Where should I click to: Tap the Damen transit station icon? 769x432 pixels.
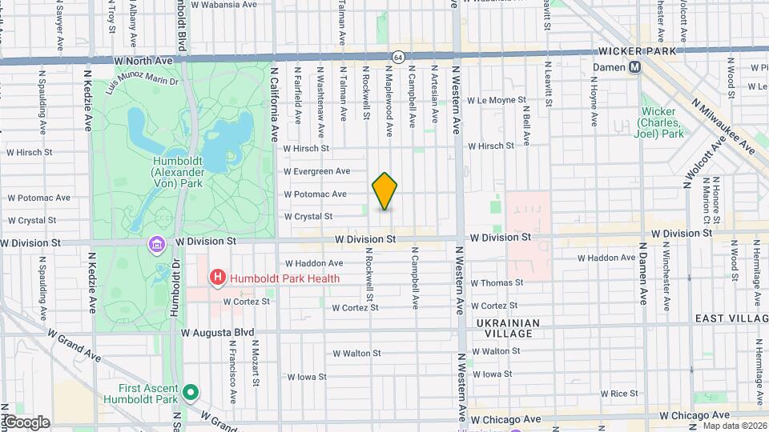(635, 67)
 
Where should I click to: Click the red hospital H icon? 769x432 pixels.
(216, 278)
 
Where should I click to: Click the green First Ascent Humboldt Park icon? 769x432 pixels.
(190, 392)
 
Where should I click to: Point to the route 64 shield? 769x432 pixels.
(398, 57)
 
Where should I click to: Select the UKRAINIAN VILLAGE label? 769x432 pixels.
(508, 323)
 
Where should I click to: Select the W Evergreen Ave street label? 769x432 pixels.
(316, 171)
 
